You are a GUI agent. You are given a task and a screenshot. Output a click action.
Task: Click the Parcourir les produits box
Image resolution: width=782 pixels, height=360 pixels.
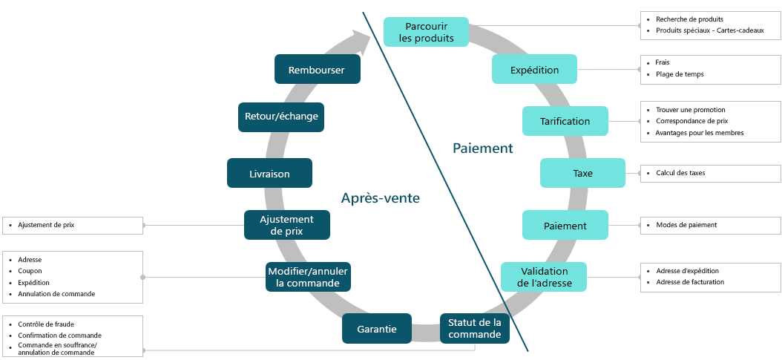(x=426, y=32)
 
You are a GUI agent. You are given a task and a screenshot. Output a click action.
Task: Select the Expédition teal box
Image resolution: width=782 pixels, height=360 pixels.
(x=534, y=70)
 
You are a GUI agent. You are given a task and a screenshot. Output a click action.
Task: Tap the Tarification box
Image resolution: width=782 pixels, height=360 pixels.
(x=565, y=121)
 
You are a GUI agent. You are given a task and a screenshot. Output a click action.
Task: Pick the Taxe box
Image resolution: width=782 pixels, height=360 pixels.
(x=582, y=173)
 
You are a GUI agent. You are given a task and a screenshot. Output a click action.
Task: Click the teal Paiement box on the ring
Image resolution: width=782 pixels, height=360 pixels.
(x=565, y=225)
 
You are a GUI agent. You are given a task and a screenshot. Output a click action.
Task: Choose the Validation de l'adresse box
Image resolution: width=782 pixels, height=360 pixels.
(x=544, y=276)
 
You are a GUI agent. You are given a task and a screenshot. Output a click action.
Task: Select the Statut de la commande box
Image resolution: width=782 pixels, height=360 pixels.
(x=474, y=328)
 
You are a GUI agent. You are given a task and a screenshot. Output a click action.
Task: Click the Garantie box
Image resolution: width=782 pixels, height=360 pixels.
(x=376, y=329)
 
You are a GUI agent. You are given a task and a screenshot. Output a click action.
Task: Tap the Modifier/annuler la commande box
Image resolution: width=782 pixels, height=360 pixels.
(x=307, y=277)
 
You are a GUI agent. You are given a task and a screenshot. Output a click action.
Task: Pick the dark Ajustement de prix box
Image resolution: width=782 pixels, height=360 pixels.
(x=286, y=225)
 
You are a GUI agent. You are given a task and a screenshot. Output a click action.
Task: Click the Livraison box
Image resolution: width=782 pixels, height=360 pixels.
(x=269, y=174)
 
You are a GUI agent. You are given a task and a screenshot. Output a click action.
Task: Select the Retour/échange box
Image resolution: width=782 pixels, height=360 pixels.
(x=281, y=117)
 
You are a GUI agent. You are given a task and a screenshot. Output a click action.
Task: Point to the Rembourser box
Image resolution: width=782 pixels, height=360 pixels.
(x=317, y=70)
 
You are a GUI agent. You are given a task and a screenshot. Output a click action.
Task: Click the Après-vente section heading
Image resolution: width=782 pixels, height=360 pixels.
(x=380, y=198)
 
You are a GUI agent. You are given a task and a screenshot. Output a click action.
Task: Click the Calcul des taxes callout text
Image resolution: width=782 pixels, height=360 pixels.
(x=680, y=173)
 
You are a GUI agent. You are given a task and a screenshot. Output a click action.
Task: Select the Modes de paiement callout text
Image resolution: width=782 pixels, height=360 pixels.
(x=686, y=225)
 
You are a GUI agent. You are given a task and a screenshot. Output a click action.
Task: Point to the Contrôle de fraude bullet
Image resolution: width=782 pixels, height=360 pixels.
(x=46, y=324)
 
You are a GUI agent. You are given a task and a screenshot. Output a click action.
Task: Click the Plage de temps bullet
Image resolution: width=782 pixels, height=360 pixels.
(x=680, y=74)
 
